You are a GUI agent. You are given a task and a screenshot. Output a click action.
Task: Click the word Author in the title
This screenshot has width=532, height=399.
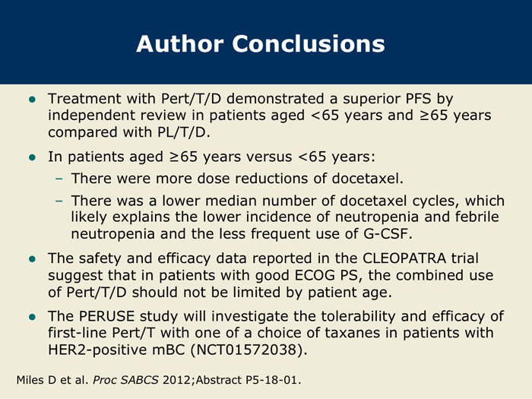180,44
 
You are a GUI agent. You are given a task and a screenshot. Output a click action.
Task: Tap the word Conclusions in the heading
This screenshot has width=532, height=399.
309,44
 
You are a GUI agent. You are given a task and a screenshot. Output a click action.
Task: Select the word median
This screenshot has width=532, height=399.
231,201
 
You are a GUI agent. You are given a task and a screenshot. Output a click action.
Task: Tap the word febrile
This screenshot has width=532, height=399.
477,217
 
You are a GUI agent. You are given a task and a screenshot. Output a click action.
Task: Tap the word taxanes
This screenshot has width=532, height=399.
352,333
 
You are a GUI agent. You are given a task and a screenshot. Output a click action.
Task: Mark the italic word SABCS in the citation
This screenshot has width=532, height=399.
139,380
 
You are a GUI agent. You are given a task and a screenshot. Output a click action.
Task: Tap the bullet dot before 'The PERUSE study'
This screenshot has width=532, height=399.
32,317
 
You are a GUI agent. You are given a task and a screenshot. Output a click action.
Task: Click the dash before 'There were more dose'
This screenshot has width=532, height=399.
59,179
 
